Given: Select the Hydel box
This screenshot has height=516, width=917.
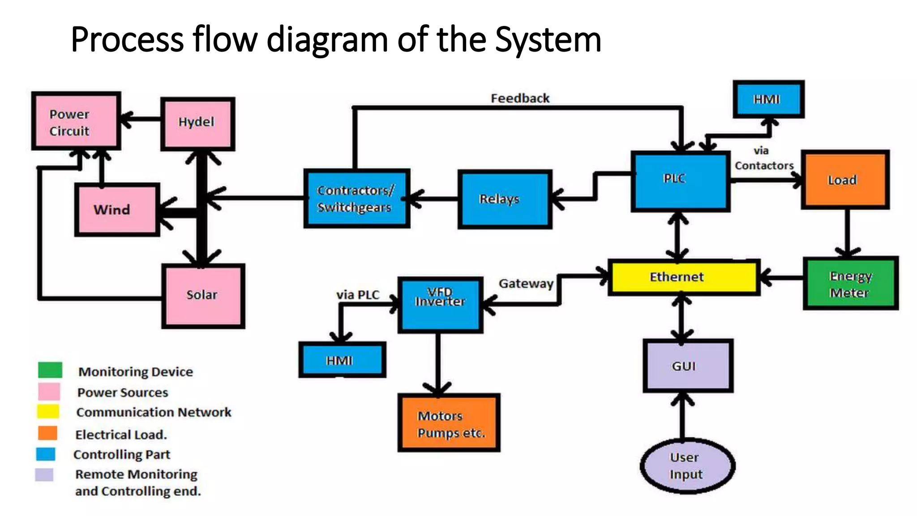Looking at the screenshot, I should click(x=197, y=123).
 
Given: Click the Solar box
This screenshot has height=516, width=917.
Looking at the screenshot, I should click(x=203, y=296).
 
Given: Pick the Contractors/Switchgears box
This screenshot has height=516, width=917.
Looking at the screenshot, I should click(x=356, y=198).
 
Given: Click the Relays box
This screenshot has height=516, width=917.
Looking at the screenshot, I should click(x=505, y=199).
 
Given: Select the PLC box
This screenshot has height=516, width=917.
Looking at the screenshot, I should click(x=680, y=181).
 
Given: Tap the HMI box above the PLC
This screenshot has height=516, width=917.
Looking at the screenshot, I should click(x=768, y=99).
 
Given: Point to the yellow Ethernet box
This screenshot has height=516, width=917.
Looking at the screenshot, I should click(x=683, y=277).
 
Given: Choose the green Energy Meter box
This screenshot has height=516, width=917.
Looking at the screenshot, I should click(x=850, y=283).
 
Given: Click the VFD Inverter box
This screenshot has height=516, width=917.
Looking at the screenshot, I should click(x=440, y=305).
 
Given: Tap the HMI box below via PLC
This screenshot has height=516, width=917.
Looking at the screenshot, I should click(x=342, y=360).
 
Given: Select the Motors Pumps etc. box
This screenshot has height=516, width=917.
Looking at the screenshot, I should click(x=449, y=423).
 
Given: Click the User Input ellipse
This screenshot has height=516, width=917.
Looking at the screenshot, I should click(x=687, y=466).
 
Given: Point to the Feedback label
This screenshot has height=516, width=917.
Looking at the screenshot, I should click(x=520, y=98).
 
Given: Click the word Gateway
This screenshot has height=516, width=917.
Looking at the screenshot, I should click(x=526, y=284).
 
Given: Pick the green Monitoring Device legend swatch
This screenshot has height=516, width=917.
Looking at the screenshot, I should click(x=50, y=370).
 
